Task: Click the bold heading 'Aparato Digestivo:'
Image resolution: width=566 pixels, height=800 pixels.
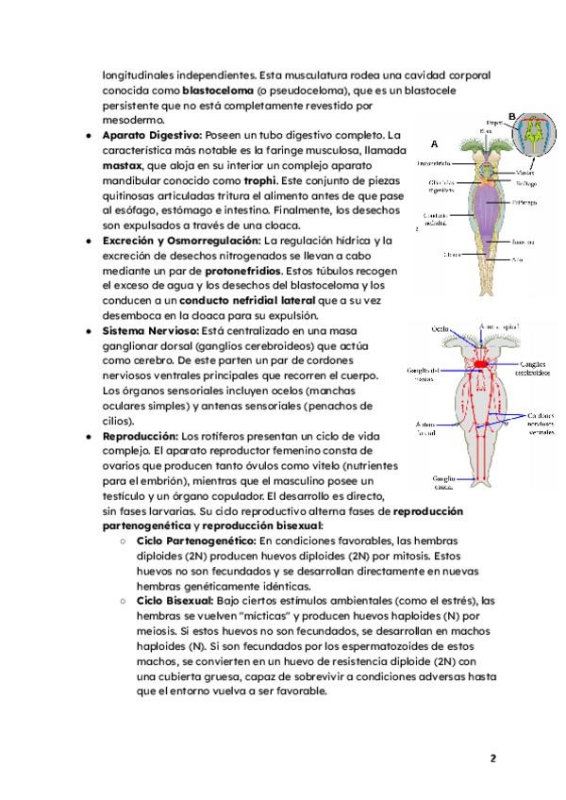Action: click(x=149, y=136)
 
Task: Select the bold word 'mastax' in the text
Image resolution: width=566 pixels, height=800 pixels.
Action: click(x=123, y=165)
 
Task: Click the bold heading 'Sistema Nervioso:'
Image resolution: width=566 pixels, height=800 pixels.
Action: click(x=146, y=331)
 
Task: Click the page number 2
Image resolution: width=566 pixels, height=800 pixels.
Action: click(x=492, y=758)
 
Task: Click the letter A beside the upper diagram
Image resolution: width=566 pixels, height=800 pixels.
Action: click(x=434, y=145)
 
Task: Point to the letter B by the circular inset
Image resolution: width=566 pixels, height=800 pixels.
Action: click(x=512, y=116)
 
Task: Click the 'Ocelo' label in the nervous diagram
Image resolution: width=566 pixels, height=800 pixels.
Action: click(x=441, y=328)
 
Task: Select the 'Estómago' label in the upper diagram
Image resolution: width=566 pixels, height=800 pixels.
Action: click(x=525, y=201)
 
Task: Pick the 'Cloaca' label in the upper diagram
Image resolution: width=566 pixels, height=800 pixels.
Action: click(x=451, y=254)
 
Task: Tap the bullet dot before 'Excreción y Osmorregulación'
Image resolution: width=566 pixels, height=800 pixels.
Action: click(x=87, y=241)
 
